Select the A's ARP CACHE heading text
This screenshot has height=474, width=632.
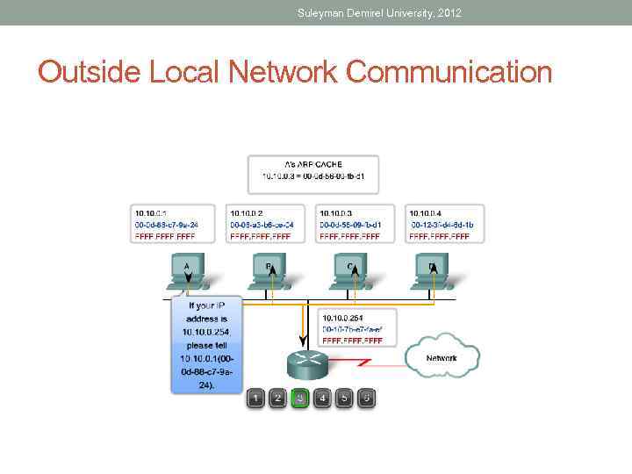tap(313, 164)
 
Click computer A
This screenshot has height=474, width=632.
tap(187, 269)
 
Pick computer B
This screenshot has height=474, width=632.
tap(269, 269)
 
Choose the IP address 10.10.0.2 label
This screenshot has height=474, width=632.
tap(248, 212)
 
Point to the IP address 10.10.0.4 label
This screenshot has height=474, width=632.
tap(426, 212)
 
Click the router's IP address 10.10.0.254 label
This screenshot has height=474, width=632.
tap(343, 317)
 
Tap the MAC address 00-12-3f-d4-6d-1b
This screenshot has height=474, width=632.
tap(442, 225)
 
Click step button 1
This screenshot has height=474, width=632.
tap(255, 399)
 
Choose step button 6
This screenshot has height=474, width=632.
tap(368, 399)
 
